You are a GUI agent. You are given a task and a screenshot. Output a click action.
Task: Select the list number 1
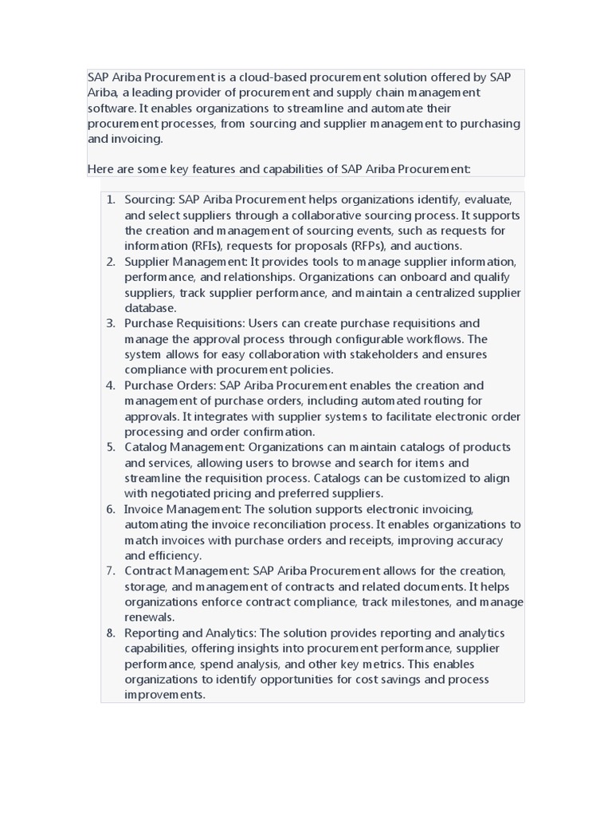point(111,199)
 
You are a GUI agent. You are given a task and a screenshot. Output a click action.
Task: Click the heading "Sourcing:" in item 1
point(150,199)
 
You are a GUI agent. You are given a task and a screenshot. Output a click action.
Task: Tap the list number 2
point(111,262)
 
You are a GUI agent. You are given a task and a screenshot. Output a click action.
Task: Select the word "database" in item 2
point(149,308)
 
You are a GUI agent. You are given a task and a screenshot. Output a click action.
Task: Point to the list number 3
point(111,323)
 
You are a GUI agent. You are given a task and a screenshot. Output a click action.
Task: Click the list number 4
point(111,385)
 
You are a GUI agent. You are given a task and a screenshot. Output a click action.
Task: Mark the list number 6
point(111,509)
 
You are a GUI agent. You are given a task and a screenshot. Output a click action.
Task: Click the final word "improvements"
point(163,695)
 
